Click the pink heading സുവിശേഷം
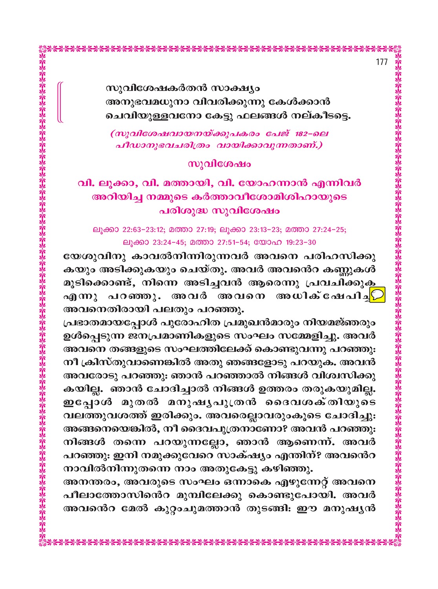tap(219, 163)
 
